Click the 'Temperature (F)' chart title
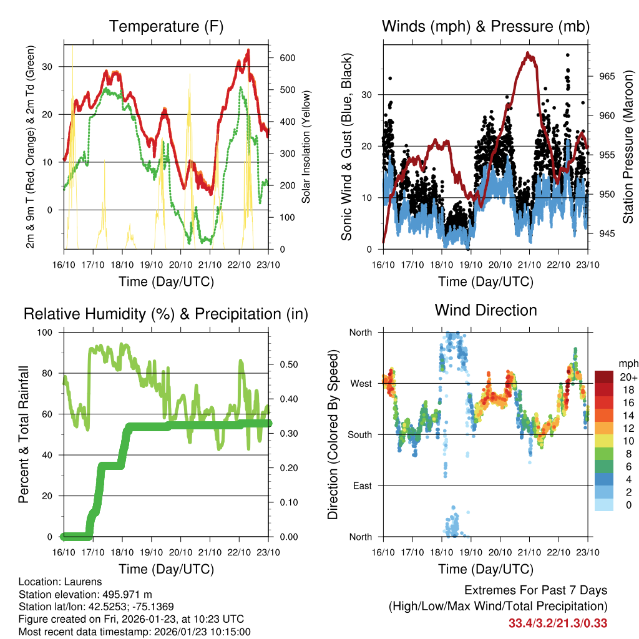point(166,27)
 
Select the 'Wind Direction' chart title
point(485,310)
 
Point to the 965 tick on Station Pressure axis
point(607,76)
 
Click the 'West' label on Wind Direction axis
point(361,383)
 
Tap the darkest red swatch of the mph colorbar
point(603,377)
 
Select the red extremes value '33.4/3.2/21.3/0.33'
point(558,623)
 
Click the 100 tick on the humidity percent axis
point(46,333)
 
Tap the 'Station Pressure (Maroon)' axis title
point(628,147)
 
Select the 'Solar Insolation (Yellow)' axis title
point(306,147)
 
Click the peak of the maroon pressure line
point(529,54)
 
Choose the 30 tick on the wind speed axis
point(368,95)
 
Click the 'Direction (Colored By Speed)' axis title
point(333,434)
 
